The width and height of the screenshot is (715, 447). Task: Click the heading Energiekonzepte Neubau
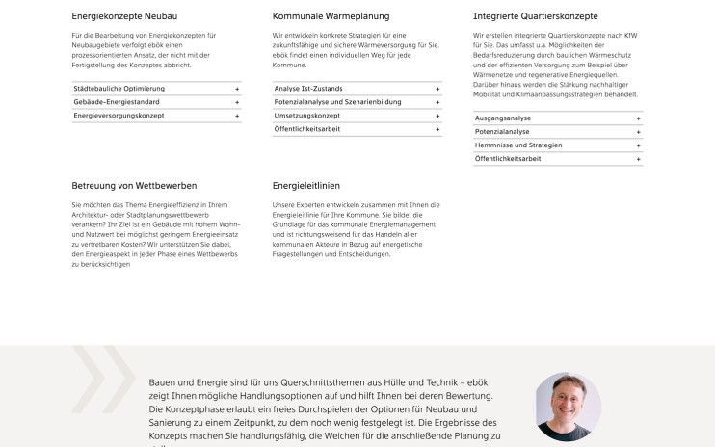(x=124, y=16)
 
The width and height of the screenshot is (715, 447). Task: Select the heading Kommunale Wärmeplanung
(x=331, y=16)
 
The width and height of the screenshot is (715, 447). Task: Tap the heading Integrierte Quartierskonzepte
(x=535, y=16)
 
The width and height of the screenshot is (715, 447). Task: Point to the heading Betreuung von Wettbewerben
(x=134, y=185)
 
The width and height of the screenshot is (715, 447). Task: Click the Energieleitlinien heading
(x=306, y=185)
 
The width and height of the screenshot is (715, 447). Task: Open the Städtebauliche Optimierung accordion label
(x=119, y=89)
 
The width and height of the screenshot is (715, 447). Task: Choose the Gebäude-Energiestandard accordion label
(x=118, y=102)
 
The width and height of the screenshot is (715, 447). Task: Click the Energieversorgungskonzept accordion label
(x=119, y=116)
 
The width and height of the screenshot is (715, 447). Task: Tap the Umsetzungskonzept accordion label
(x=306, y=116)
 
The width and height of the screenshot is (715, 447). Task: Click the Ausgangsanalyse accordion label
(x=503, y=118)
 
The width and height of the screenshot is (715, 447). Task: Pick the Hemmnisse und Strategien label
(x=518, y=145)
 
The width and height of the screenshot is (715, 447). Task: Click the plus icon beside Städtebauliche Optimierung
(x=236, y=89)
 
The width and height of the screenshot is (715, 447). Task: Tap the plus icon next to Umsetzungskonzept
(x=437, y=116)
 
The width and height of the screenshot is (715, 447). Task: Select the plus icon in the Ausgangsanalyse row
(x=638, y=118)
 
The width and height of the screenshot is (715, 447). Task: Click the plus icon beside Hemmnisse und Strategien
(x=638, y=145)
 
